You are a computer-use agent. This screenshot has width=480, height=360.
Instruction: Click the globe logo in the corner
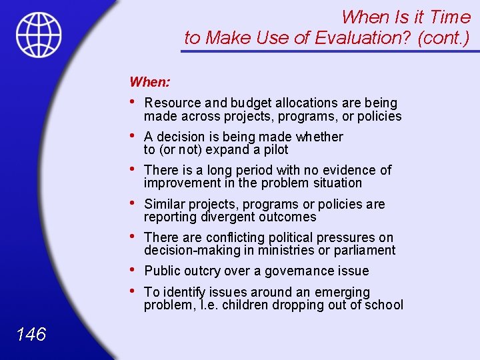pyautogui.click(x=39, y=35)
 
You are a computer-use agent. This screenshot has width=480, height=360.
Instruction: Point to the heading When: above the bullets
pyautogui.click(x=150, y=82)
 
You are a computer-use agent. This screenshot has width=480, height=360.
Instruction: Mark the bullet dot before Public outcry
pyautogui.click(x=134, y=270)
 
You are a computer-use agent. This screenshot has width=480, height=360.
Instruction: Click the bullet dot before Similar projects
pyautogui.click(x=134, y=203)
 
